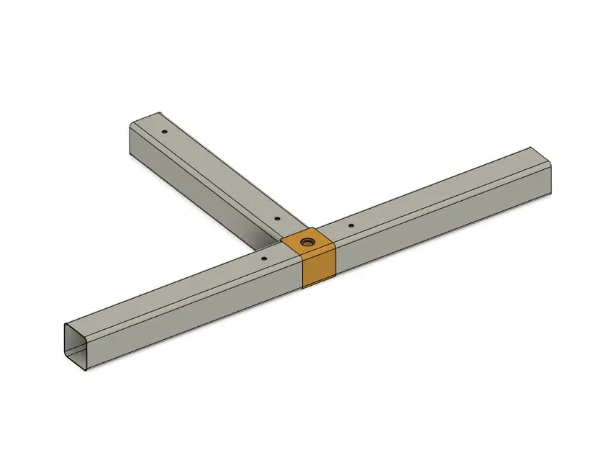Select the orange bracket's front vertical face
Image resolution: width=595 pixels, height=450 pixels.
[319, 268]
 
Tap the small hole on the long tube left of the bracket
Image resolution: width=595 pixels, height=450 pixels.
[264, 257]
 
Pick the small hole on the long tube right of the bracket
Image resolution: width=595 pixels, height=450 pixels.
[350, 226]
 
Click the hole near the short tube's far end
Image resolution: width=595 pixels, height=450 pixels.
[165, 132]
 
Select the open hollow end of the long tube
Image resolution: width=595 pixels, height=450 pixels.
[76, 344]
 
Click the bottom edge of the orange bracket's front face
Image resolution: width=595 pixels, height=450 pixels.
[319, 284]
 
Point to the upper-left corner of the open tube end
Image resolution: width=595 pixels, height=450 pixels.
[63, 325]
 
